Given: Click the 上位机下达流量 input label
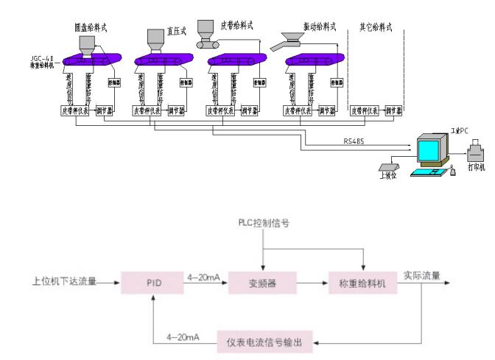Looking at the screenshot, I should (x=64, y=281).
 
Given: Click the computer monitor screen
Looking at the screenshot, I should (x=429, y=152).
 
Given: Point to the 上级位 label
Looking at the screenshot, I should (x=387, y=177).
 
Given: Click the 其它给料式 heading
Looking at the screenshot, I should (x=375, y=27).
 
